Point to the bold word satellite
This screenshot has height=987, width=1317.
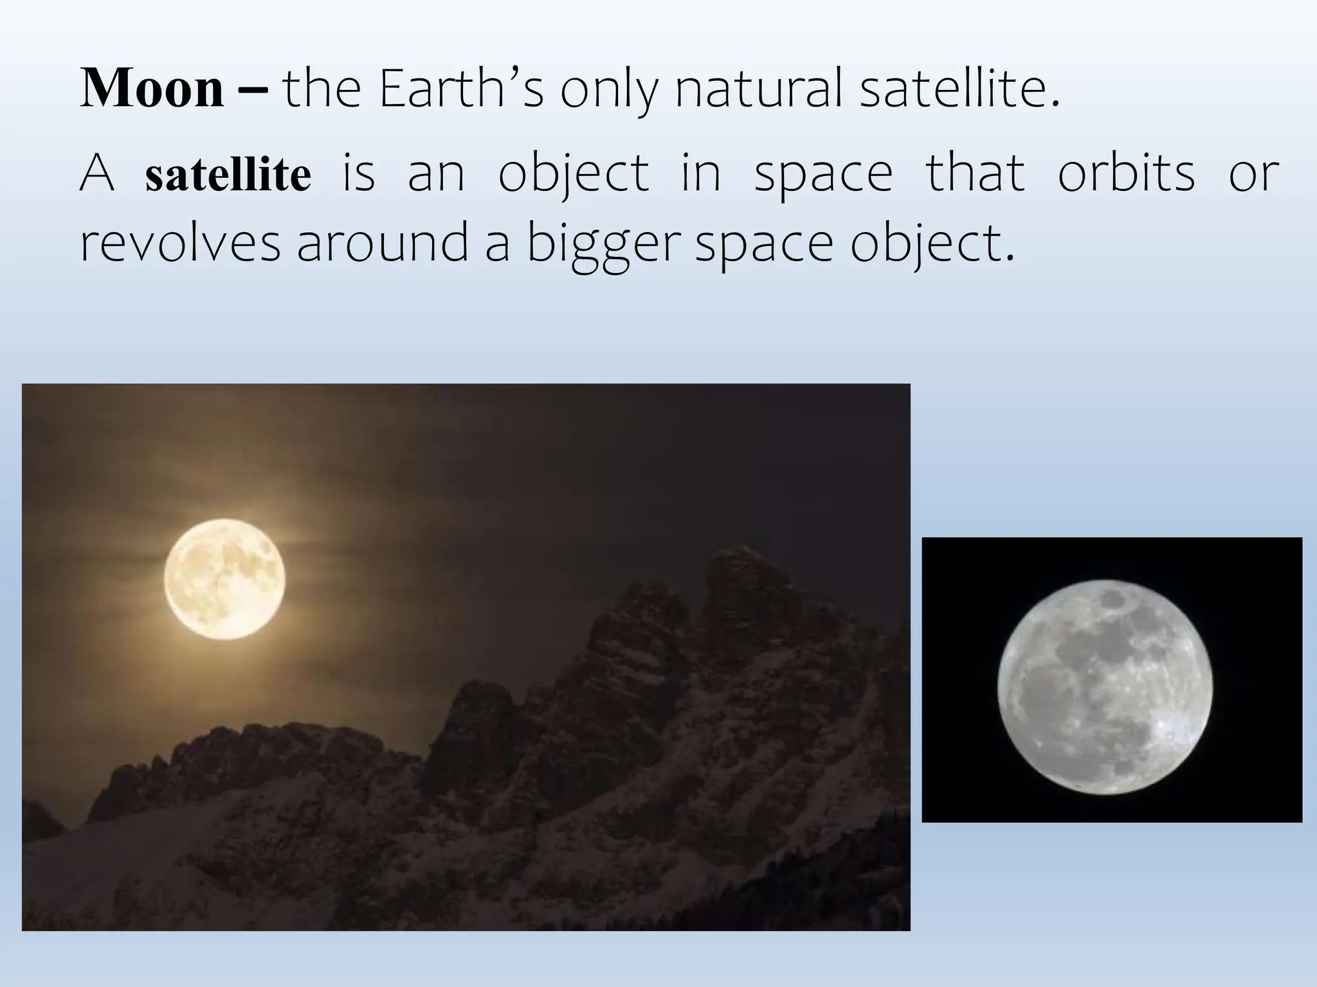(228, 175)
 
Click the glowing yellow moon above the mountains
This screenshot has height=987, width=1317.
(224, 578)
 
